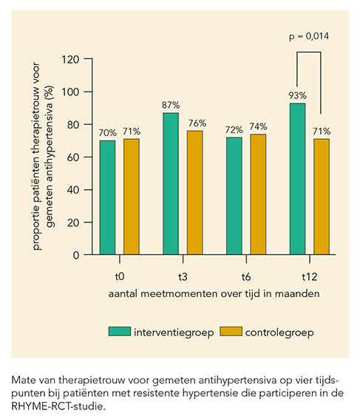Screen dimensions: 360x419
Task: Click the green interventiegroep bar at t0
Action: [107, 197]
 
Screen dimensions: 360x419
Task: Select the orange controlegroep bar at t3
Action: [195, 193]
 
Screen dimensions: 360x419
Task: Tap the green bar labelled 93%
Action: [297, 179]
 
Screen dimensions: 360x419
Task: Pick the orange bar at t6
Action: [258, 194]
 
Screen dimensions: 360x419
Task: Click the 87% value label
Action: [171, 105]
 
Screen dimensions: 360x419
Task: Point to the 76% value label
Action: [197, 123]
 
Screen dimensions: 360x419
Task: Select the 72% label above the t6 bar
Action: [234, 130]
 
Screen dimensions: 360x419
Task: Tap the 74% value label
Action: [258, 126]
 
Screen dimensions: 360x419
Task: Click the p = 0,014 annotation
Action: [309, 36]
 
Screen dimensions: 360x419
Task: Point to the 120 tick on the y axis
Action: [70, 59]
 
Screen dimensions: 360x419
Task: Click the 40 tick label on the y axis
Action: [73, 190]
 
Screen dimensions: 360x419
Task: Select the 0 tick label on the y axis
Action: [76, 255]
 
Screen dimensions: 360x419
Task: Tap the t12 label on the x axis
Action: [310, 277]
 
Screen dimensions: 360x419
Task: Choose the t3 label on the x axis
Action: [183, 277]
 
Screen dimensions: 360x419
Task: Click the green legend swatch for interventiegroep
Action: [120, 331]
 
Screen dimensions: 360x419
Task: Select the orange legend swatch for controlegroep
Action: [231, 331]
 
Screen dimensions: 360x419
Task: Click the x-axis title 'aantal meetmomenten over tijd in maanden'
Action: [214, 293]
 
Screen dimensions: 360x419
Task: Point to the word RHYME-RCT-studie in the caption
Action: [57, 406]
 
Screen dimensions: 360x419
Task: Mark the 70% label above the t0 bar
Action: [108, 133]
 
